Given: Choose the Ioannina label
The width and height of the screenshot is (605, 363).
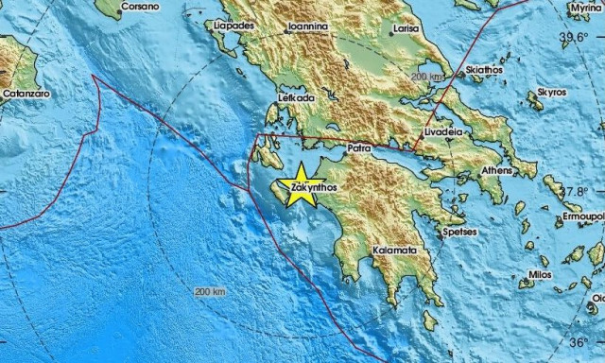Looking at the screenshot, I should click(x=307, y=27).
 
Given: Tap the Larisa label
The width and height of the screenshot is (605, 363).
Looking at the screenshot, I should click(x=407, y=29).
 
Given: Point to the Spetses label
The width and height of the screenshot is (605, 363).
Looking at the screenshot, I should click(x=459, y=232).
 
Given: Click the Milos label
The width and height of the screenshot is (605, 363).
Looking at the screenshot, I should click(x=540, y=274).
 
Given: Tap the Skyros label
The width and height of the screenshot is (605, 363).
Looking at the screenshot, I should click(x=552, y=93).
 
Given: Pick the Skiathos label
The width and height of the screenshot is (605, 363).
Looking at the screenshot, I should click(x=483, y=70).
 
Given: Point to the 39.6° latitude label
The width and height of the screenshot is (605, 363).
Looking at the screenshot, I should click(x=574, y=38).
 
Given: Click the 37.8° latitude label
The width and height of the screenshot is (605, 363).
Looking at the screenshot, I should click(x=572, y=191).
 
